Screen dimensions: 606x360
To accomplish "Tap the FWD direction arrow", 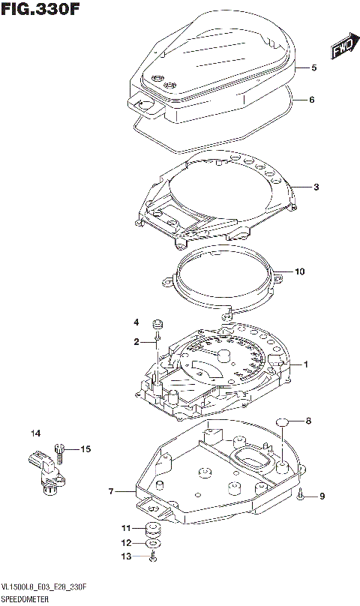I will [341, 49].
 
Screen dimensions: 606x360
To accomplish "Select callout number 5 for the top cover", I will [313, 67].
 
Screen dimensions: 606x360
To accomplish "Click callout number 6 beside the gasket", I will [312, 100].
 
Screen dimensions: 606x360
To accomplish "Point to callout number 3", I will [316, 187].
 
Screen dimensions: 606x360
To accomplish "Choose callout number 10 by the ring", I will [300, 271].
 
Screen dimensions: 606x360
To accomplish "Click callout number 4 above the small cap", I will [137, 322].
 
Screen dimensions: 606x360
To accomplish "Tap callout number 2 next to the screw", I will [137, 342].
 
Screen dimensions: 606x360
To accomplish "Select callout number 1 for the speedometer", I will [306, 364].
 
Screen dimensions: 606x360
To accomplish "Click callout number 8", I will [307, 421].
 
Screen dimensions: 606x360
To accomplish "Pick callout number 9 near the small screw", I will [322, 496].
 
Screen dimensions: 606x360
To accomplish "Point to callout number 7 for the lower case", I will [111, 492].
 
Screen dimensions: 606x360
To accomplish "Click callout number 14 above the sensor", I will [34, 433].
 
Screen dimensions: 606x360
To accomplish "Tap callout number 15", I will [85, 449].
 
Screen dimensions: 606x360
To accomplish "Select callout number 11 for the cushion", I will [126, 529].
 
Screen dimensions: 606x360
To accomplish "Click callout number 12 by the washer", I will [126, 542].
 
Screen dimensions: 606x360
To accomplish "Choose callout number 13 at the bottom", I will [126, 556].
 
